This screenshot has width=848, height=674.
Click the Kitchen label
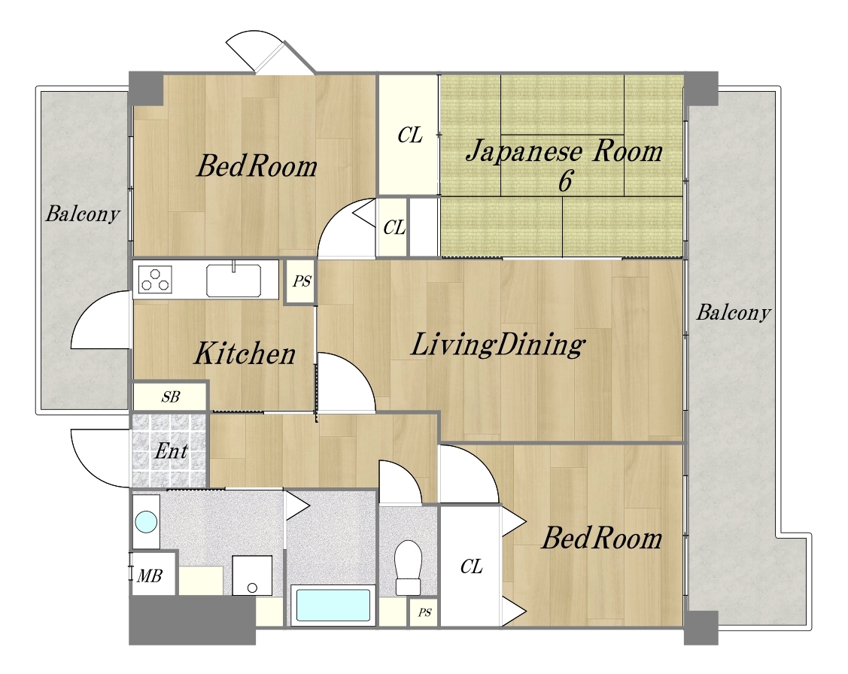coord(245,354)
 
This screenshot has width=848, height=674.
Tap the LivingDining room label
coord(497,345)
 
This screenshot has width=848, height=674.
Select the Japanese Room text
coord(564,151)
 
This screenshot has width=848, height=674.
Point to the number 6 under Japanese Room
coord(565,181)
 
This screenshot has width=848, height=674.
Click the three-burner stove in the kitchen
coord(155,279)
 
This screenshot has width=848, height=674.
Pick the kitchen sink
coord(233,280)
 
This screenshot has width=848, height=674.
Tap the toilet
coord(409,567)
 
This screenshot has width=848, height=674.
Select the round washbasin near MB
coord(146,522)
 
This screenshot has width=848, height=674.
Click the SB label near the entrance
coord(170,397)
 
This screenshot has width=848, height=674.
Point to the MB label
coord(149,576)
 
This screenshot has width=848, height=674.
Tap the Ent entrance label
coord(171,451)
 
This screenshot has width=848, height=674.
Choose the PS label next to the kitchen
coord(302,281)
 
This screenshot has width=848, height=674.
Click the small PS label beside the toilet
coord(424,612)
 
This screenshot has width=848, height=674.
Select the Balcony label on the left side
coord(82,214)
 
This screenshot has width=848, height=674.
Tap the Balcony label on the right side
coord(734,312)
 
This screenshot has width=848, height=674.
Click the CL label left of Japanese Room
coord(410,135)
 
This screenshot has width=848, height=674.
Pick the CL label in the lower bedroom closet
coord(472,566)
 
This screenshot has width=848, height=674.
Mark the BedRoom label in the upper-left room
coord(257,166)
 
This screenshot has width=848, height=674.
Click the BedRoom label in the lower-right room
coord(601,539)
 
